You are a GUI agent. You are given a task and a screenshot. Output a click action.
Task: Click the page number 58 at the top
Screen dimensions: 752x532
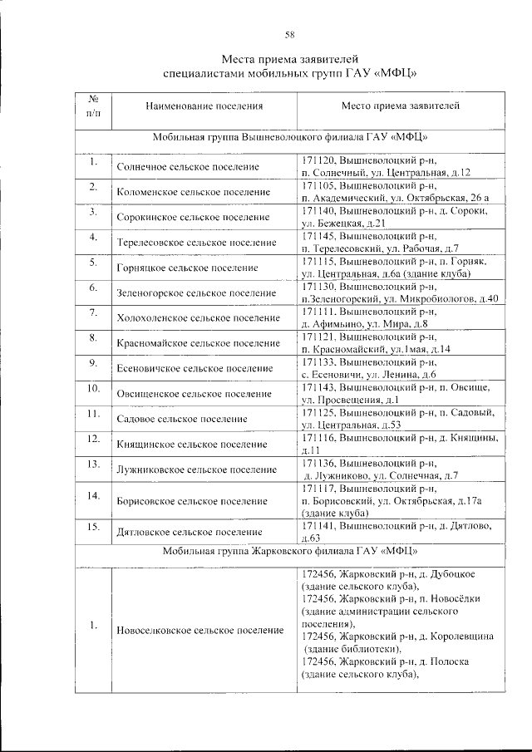tap(290, 34)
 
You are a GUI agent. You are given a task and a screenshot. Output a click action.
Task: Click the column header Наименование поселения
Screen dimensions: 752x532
tap(204, 106)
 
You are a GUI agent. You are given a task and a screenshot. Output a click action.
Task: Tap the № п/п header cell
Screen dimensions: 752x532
tap(93, 106)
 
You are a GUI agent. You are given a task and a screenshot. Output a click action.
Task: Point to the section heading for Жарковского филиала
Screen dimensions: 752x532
tap(290, 551)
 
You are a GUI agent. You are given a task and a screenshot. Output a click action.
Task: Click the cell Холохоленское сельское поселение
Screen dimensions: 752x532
tap(198, 318)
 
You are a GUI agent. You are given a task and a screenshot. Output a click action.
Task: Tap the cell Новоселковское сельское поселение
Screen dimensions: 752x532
tap(199, 631)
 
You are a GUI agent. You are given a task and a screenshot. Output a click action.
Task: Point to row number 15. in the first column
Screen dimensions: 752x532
tap(93, 527)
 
